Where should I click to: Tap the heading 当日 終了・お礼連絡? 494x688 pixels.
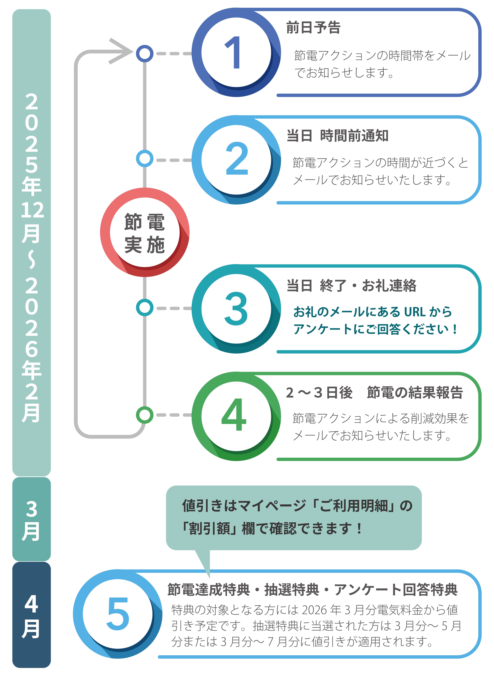coord(351,285)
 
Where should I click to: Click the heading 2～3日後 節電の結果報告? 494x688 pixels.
coord(374,393)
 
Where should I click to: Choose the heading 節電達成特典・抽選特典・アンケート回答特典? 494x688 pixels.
coord(312,589)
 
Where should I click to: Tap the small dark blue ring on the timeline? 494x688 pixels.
coord(144,54)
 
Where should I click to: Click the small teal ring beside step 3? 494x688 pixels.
coord(144,308)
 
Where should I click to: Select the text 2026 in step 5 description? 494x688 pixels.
coord(314,610)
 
